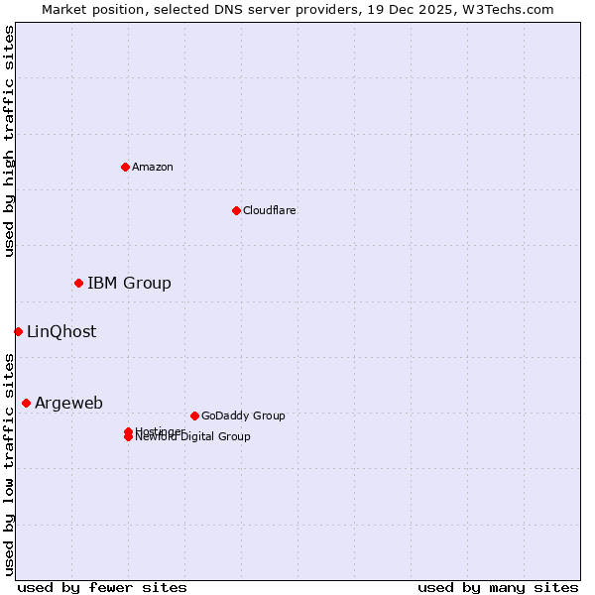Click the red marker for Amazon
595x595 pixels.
click(125, 167)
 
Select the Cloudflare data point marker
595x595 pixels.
click(236, 210)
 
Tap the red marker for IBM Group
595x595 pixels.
click(78, 284)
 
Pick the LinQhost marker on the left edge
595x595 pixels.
click(18, 331)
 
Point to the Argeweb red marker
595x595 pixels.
click(26, 403)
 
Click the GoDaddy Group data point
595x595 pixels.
click(194, 416)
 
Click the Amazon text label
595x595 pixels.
click(153, 167)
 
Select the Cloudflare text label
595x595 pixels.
click(270, 210)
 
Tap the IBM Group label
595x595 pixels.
click(129, 284)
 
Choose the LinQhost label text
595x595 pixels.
click(61, 332)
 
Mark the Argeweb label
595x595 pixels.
click(68, 403)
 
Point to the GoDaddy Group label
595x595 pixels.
click(243, 416)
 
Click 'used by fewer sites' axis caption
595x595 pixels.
click(102, 587)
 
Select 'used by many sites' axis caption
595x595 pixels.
click(498, 587)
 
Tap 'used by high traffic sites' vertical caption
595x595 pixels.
click(9, 141)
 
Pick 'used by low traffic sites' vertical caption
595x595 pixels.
click(9, 464)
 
